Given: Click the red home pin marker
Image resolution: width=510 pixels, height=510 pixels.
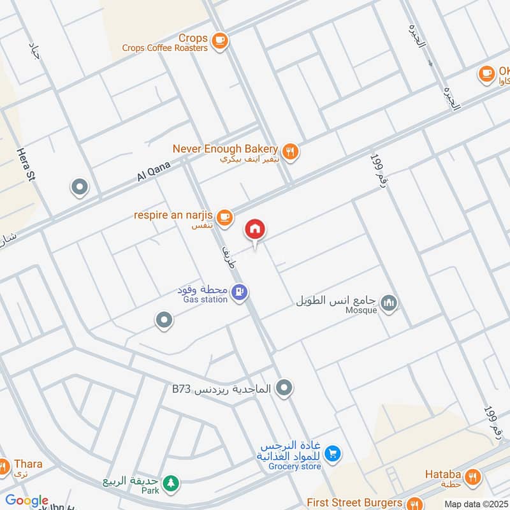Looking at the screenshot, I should [x=255, y=229].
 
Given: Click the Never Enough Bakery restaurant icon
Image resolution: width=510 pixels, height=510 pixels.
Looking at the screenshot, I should [x=290, y=151].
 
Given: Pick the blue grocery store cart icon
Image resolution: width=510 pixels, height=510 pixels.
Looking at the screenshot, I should [x=331, y=454].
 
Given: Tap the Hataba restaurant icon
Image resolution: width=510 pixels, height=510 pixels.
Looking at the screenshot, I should [x=472, y=476].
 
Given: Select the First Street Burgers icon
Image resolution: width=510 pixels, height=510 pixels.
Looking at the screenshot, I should [x=415, y=503].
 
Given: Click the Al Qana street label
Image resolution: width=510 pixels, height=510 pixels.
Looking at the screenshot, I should [x=154, y=171].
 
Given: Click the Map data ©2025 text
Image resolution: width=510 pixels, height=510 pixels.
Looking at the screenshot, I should [x=476, y=504].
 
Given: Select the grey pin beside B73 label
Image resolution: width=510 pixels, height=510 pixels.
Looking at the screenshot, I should [x=285, y=387].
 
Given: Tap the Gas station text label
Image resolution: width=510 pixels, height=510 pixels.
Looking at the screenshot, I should [x=205, y=300].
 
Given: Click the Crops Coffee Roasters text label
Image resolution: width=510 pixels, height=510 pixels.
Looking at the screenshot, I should [x=164, y=48].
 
